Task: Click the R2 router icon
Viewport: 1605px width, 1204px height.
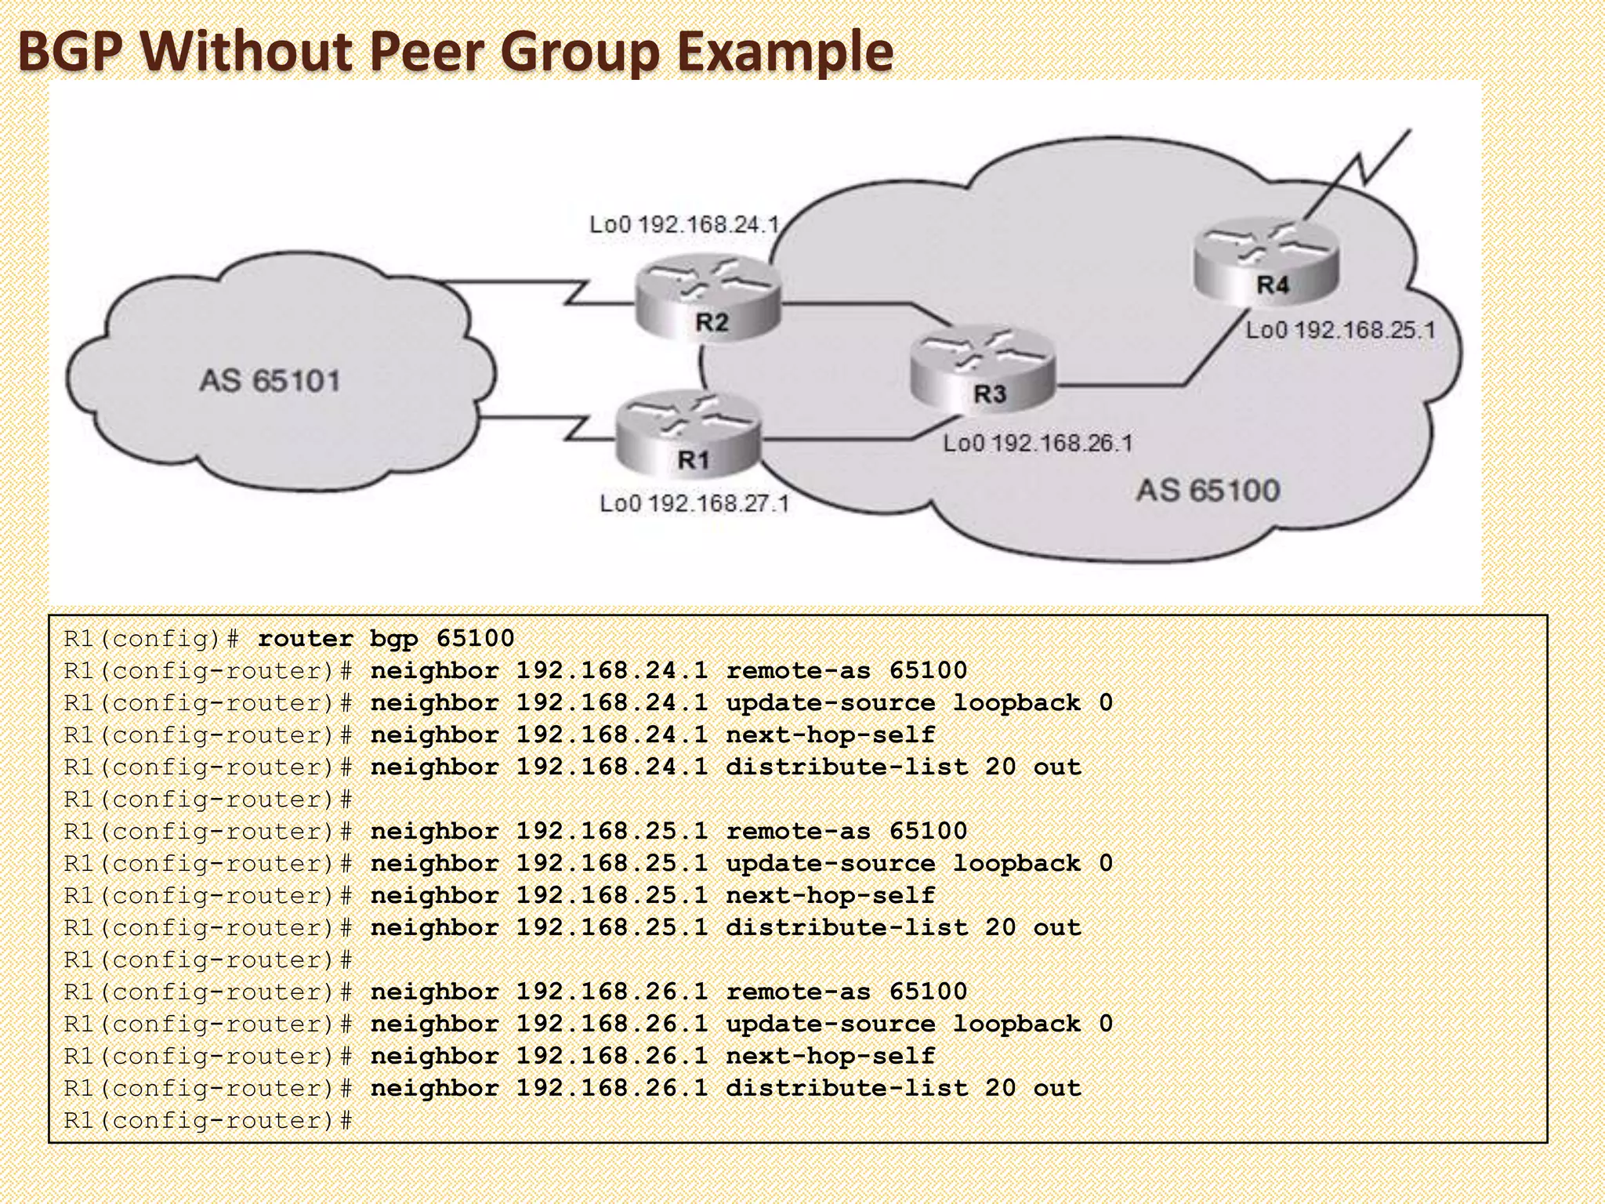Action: pyautogui.click(x=708, y=298)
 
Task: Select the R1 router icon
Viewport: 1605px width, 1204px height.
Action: pyautogui.click(x=688, y=435)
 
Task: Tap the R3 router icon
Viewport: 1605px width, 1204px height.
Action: pyautogui.click(x=984, y=368)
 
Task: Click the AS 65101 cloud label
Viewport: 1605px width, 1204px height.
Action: pyautogui.click(x=270, y=381)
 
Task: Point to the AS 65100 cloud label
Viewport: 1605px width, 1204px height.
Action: pyautogui.click(x=1208, y=491)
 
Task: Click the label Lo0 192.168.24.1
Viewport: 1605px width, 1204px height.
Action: pyautogui.click(x=684, y=225)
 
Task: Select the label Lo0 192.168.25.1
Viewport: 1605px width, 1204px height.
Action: pyautogui.click(x=1340, y=330)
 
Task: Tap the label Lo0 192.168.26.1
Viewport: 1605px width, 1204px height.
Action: pyautogui.click(x=1038, y=444)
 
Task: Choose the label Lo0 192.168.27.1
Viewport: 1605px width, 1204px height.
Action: pyautogui.click(x=694, y=503)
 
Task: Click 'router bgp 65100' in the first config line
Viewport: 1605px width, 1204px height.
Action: pyautogui.click(x=386, y=639)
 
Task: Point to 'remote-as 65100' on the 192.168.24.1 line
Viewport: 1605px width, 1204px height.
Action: pyautogui.click(x=846, y=671)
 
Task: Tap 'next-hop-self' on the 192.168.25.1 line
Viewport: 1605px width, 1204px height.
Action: pyautogui.click(x=830, y=896)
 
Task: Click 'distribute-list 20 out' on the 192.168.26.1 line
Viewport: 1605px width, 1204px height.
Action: pyautogui.click(x=903, y=1089)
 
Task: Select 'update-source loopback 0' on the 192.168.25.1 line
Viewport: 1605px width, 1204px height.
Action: pyautogui.click(x=918, y=864)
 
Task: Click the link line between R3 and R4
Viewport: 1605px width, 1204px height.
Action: pyautogui.click(x=1136, y=385)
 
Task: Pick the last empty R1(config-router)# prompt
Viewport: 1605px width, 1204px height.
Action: pyautogui.click(x=208, y=1121)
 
